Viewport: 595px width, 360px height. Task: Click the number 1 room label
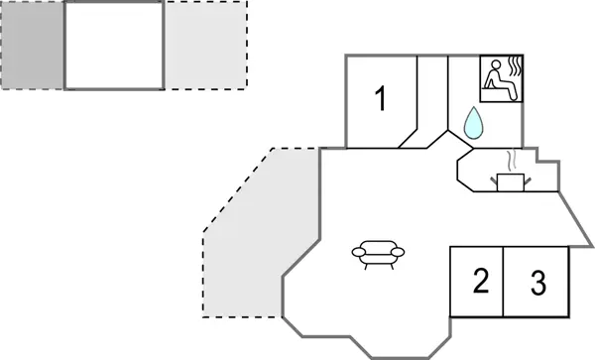(x=380, y=98)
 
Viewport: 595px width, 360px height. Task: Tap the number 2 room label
(x=481, y=283)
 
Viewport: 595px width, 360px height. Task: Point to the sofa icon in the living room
(x=380, y=255)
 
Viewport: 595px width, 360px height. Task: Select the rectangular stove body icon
(x=512, y=181)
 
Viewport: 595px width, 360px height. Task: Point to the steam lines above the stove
(x=512, y=160)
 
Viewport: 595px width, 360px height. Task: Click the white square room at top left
(x=114, y=46)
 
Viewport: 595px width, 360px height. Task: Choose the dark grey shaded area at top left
(x=33, y=46)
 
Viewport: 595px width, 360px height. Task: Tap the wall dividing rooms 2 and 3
(x=504, y=282)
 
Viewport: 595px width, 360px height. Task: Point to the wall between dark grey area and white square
(x=65, y=46)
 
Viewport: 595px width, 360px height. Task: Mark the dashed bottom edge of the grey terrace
(x=243, y=317)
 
